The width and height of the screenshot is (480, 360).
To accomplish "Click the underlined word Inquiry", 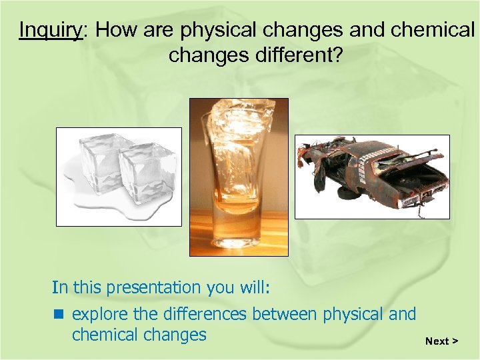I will coord(49,31).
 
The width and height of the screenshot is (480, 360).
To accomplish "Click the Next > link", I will coord(441,341).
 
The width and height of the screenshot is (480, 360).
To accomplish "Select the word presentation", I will coord(157,288).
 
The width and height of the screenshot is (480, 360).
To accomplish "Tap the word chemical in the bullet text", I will coord(105,335).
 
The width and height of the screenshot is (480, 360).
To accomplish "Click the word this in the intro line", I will coord(85,288).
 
